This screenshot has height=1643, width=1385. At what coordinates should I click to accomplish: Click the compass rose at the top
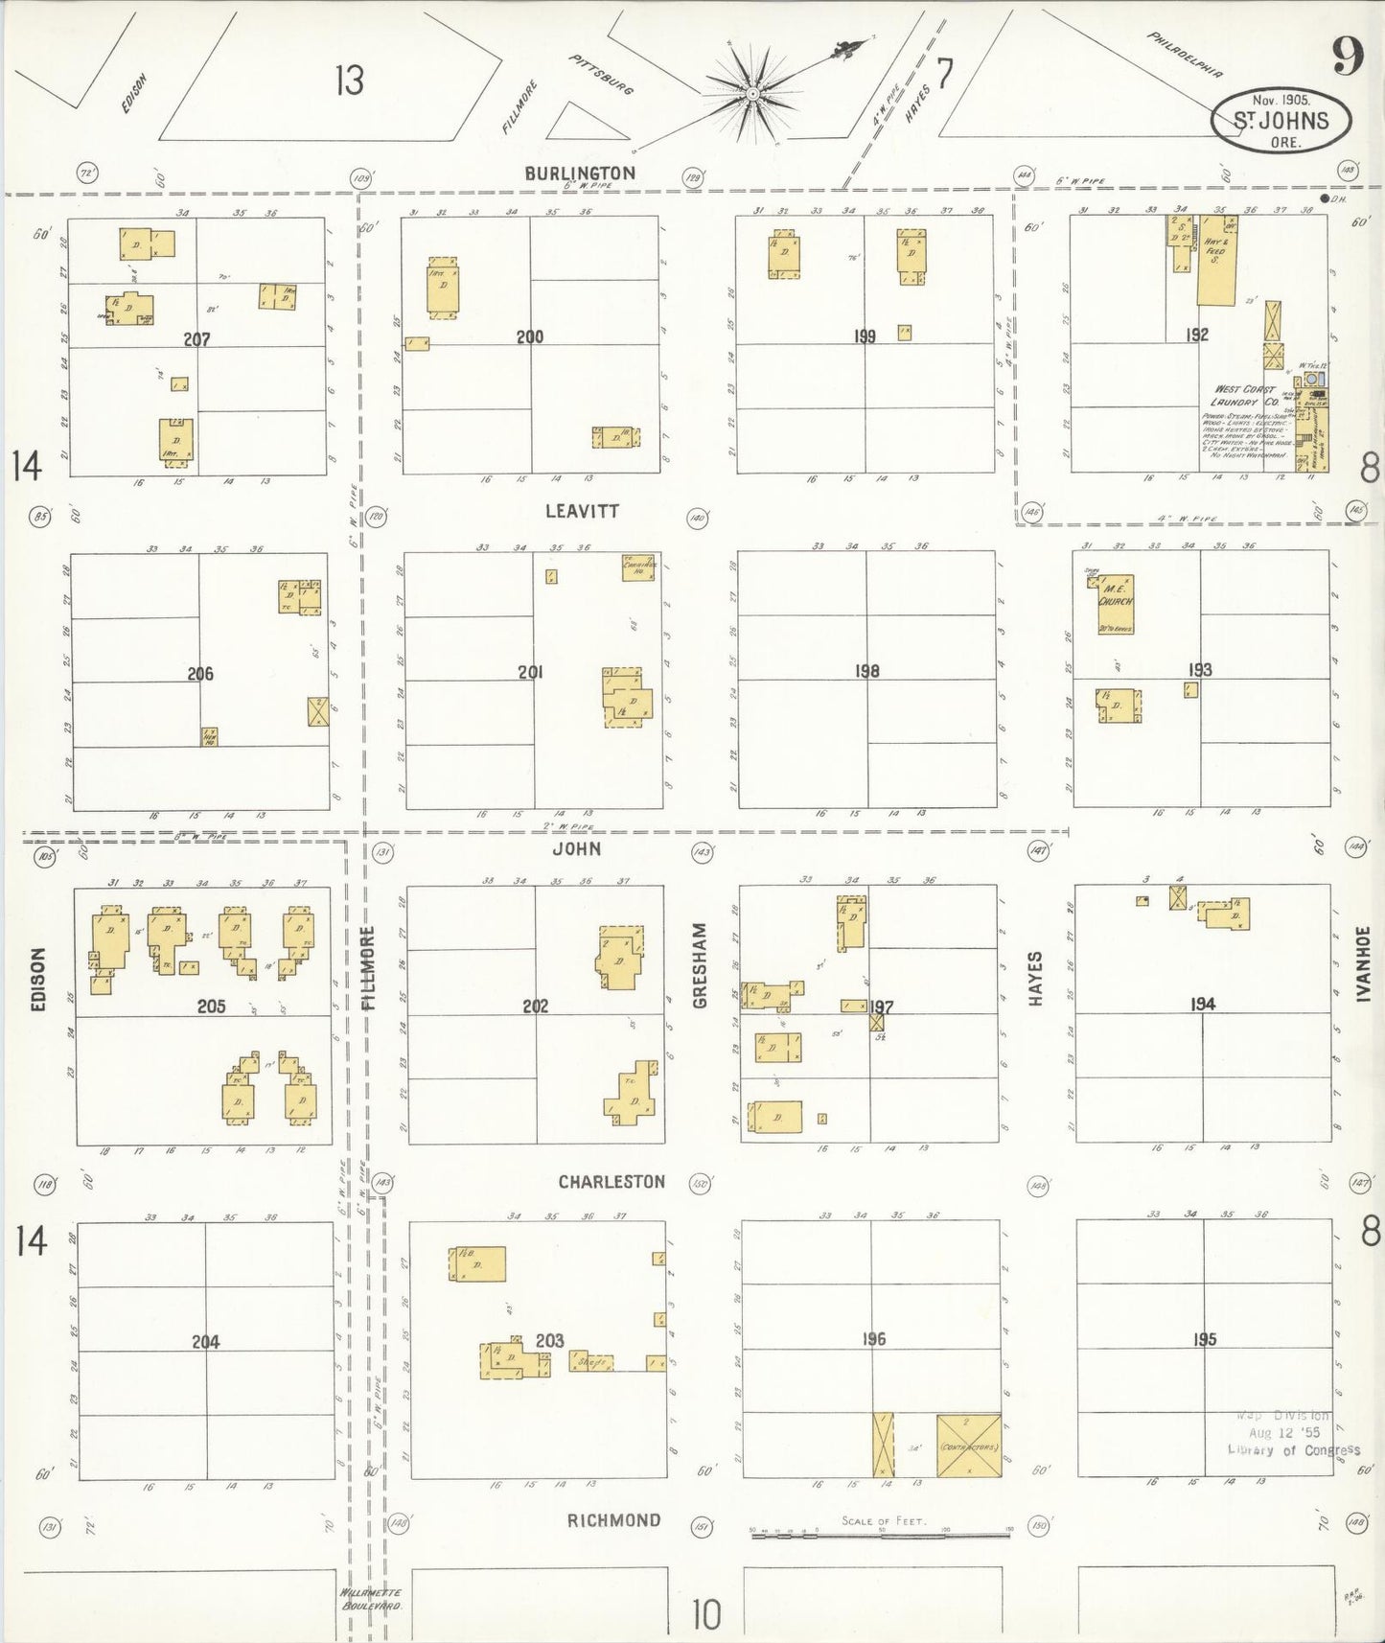[x=753, y=92]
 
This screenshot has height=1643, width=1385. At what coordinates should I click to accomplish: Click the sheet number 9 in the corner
[x=1347, y=59]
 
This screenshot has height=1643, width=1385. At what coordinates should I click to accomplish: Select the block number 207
[x=196, y=339]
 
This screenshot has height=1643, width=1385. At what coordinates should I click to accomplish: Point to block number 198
[x=866, y=671]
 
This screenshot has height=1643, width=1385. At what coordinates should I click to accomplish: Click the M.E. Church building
[x=1116, y=604]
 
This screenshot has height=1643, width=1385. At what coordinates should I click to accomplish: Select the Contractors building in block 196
[x=968, y=1446]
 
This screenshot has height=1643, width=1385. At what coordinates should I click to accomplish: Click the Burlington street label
[x=579, y=173]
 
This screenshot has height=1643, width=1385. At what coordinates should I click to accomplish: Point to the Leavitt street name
[x=582, y=512]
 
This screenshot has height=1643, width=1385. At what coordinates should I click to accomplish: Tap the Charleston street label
[x=612, y=1182]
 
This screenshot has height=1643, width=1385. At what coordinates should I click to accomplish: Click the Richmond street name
[x=613, y=1520]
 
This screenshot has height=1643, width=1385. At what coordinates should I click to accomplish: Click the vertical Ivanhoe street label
[x=1363, y=963]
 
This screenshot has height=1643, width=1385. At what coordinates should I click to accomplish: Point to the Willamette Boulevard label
[x=371, y=1598]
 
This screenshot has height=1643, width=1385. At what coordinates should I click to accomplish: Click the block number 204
[x=205, y=1342]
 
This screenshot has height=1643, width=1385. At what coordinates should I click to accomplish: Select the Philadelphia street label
[x=1185, y=54]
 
